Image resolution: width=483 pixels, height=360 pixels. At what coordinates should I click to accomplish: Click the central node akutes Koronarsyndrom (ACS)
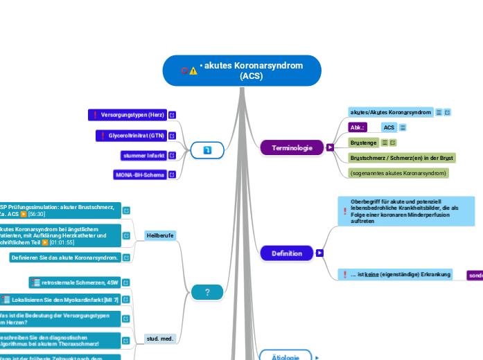[242, 71]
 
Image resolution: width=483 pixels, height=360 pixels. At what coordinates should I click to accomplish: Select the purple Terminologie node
[292, 147]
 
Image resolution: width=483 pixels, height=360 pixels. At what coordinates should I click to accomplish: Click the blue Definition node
[287, 253]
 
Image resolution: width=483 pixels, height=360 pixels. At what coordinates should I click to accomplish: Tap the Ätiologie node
[285, 357]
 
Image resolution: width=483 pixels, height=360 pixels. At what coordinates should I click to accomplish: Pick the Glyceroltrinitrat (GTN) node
[130, 136]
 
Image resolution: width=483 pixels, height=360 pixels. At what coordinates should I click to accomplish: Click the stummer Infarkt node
[142, 155]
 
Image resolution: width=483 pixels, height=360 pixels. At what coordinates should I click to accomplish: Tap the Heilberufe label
[160, 235]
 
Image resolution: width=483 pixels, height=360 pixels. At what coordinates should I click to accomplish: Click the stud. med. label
[160, 339]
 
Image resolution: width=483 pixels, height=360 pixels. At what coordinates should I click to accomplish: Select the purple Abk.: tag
[357, 127]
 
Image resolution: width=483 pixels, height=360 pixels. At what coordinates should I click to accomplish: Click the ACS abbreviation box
[389, 127]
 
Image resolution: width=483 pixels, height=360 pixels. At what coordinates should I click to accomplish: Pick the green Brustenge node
[363, 143]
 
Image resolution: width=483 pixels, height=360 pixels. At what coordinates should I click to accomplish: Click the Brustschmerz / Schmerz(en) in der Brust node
[401, 158]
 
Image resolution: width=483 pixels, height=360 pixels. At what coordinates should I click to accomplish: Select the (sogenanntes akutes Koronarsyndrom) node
[398, 172]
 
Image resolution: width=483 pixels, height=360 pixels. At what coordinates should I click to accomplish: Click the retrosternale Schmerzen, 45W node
[75, 282]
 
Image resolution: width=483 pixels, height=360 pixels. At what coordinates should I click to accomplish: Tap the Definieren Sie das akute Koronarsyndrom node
[65, 258]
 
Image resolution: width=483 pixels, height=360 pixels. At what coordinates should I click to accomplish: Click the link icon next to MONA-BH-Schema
[172, 175]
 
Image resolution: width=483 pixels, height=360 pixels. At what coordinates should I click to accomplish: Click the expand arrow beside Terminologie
[330, 147]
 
